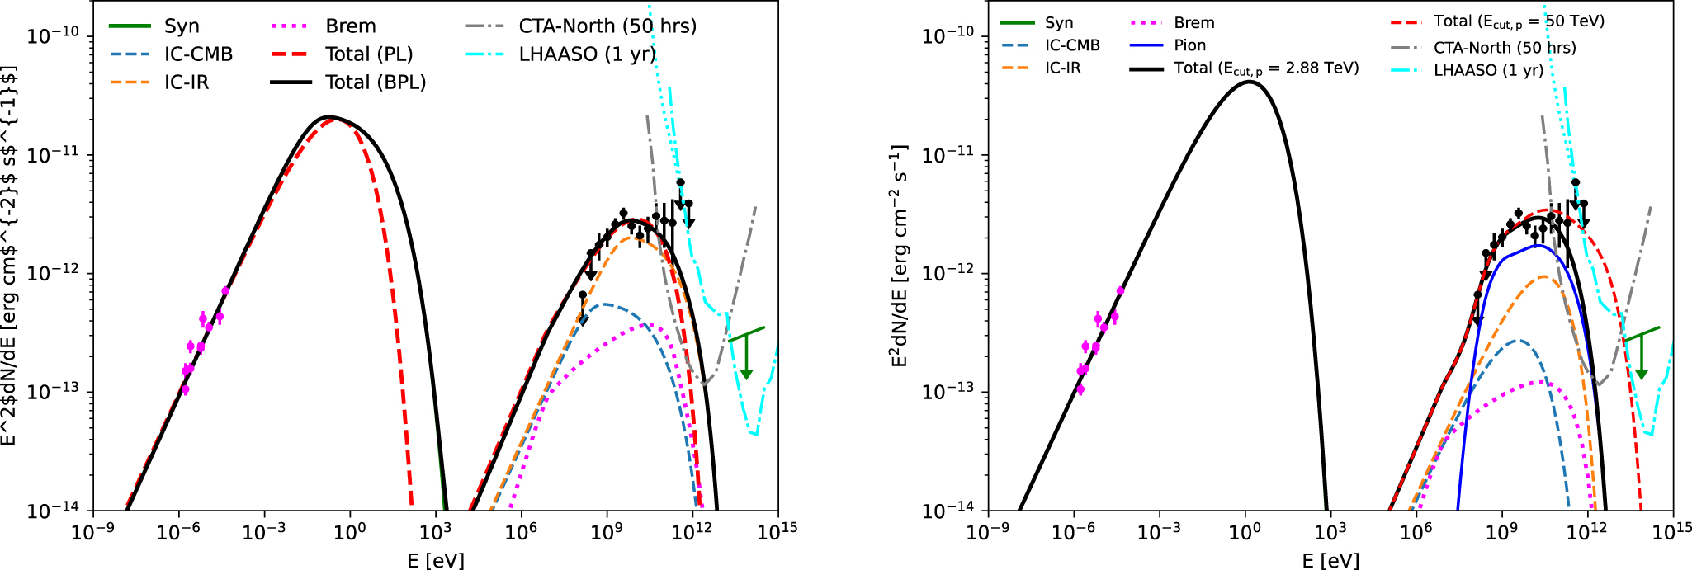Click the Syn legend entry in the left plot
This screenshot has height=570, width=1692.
(x=182, y=26)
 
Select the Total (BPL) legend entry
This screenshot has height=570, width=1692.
(x=376, y=82)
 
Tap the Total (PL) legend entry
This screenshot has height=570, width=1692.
(x=369, y=54)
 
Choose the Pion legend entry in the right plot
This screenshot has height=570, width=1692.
(x=1189, y=45)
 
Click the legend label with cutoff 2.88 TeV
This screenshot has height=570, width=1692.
(x=1266, y=68)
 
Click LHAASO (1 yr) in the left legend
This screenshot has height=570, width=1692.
(x=587, y=54)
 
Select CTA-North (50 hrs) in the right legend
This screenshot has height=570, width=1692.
(x=1505, y=48)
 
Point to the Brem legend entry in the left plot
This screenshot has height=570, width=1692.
(x=351, y=26)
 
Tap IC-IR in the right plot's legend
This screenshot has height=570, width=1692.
(x=1062, y=68)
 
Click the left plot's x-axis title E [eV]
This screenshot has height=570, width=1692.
(x=435, y=561)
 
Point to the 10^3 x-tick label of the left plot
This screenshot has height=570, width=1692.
(x=436, y=532)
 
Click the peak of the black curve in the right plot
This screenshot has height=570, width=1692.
(x=1250, y=81)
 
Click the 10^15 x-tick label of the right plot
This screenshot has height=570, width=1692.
(x=1672, y=532)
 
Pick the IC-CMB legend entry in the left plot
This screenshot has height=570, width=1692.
(x=198, y=54)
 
